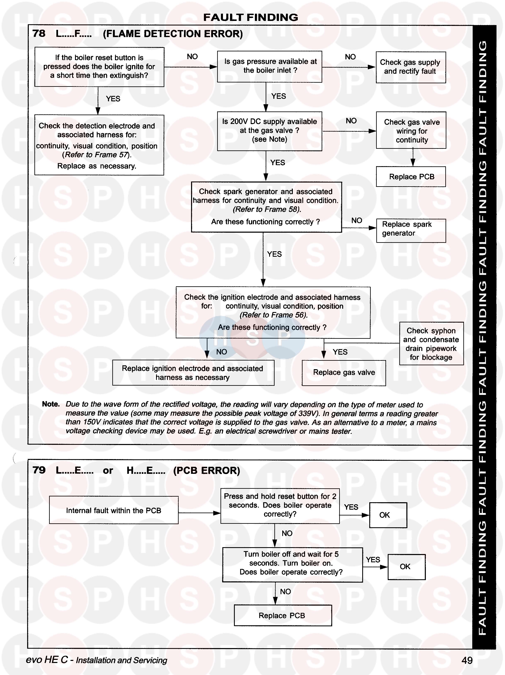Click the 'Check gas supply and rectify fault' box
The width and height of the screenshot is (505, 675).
pyautogui.click(x=411, y=67)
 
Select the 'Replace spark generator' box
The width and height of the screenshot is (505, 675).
pyautogui.click(x=411, y=230)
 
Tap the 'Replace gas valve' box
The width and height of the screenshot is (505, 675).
pyautogui.click(x=344, y=373)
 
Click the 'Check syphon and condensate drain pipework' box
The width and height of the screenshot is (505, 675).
pyautogui.click(x=431, y=344)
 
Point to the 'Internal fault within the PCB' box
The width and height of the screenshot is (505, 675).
pyautogui.click(x=114, y=510)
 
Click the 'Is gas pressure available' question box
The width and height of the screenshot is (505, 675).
pyautogui.click(x=269, y=66)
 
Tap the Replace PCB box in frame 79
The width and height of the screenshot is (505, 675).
pyautogui.click(x=283, y=616)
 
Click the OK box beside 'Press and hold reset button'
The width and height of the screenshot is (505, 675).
pyautogui.click(x=388, y=515)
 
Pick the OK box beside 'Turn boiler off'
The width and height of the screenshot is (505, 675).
pyautogui.click(x=406, y=567)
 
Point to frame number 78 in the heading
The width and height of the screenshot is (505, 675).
pyautogui.click(x=39, y=34)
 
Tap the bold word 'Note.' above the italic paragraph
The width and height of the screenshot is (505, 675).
pyautogui.click(x=51, y=404)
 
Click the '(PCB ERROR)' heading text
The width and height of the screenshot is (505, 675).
pyautogui.click(x=207, y=471)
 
